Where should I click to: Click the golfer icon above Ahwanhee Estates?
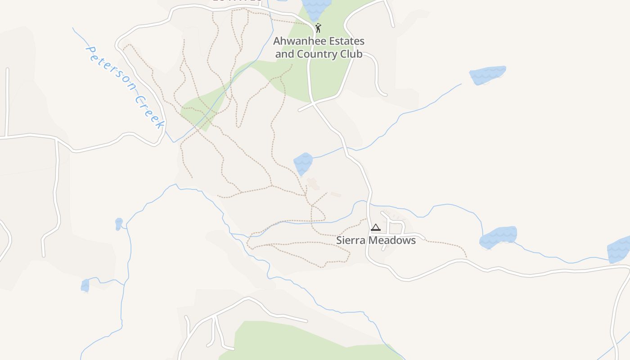318,28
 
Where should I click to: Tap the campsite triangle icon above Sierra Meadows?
376,227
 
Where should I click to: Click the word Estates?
347,41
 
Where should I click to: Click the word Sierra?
351,240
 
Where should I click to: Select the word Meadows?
392,240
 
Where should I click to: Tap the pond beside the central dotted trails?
303,163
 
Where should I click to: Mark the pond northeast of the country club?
487,75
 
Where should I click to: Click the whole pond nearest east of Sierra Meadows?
498,237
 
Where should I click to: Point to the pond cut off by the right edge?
619,250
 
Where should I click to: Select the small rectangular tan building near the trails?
336,194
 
